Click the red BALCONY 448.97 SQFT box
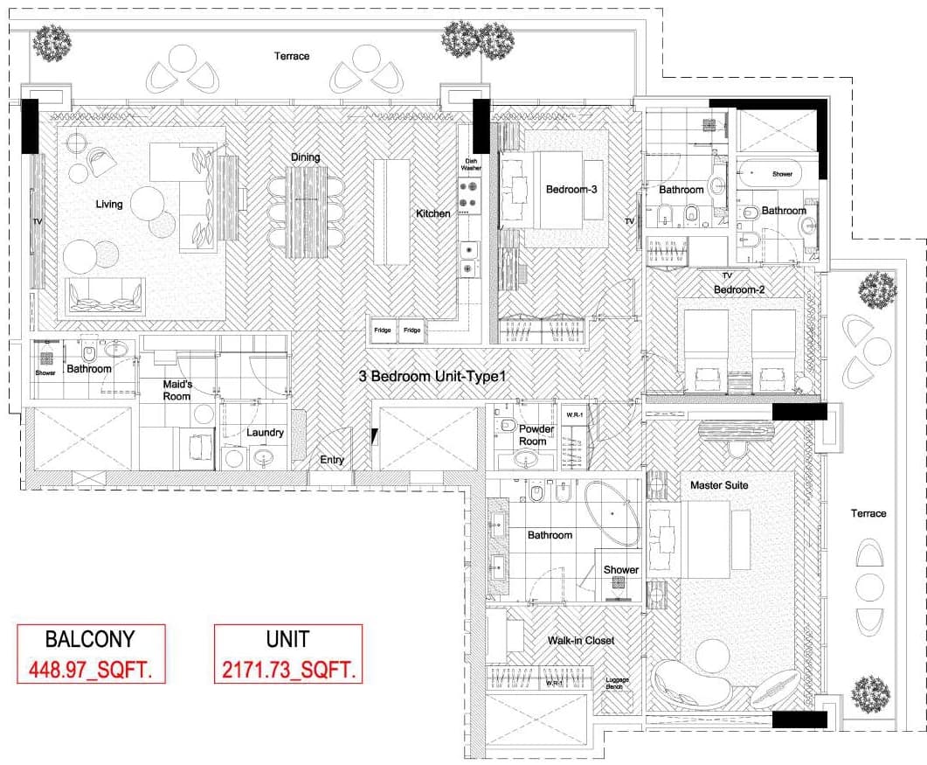(91, 654)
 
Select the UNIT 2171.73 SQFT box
(288, 654)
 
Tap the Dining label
(305, 157)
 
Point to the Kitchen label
(432, 213)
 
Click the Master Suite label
(719, 485)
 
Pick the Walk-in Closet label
(580, 640)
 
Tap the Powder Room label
(536, 435)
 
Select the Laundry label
(265, 433)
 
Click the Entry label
(332, 460)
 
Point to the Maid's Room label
(177, 391)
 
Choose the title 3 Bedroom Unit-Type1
(432, 376)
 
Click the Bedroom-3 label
(571, 190)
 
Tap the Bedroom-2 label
(739, 290)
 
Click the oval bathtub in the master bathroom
(612, 512)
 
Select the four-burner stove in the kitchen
(469, 195)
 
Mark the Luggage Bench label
(617, 684)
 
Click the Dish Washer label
(471, 164)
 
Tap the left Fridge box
(383, 330)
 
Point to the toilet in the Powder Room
(508, 424)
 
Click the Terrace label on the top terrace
(292, 56)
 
